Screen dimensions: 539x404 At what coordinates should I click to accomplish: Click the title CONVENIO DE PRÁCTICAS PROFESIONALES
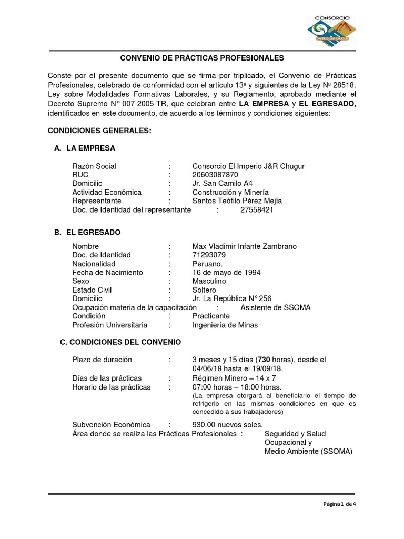tap(202, 58)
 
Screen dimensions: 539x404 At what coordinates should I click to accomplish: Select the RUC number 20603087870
tap(215, 175)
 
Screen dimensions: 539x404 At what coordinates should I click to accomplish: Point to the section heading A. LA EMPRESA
tap(84, 148)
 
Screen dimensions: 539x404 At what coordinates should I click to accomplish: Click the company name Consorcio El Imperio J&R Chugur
tap(248, 166)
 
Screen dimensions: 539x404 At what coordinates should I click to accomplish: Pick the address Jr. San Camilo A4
tap(223, 184)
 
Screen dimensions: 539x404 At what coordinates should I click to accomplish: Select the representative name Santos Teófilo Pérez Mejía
tap(237, 201)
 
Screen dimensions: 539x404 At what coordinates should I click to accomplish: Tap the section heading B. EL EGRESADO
tap(87, 232)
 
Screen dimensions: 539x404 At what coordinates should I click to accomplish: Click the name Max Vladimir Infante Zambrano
tap(245, 246)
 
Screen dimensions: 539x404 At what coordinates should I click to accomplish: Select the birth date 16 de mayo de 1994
tap(226, 272)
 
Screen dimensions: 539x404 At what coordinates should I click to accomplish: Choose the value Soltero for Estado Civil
tap(204, 290)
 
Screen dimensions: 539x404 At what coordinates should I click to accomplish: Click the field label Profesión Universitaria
tap(110, 325)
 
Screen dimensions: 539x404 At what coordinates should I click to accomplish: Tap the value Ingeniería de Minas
tap(225, 325)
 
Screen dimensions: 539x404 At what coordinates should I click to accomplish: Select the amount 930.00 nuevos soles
tap(227, 425)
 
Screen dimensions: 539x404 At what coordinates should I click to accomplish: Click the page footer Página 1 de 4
tap(339, 504)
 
